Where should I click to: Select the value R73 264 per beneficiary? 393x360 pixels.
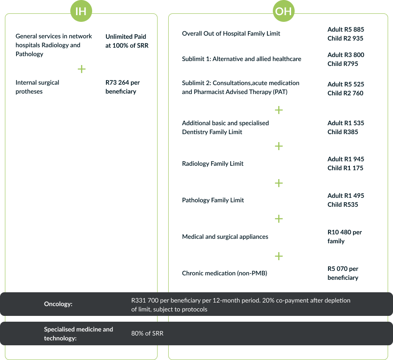pos(123,87)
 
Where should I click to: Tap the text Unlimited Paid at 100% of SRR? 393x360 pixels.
pos(127,41)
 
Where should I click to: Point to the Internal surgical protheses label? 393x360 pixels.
pos(37,87)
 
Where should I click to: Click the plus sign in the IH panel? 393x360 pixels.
pos(81,69)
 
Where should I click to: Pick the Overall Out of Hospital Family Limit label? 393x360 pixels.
pos(231,33)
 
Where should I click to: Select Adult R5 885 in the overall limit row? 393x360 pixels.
pos(345,29)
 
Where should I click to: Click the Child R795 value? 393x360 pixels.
pos(342,64)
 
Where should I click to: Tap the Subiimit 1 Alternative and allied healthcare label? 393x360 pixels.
pos(242,59)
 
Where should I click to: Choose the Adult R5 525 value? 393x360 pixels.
pos(345,84)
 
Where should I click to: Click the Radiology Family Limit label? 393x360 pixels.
pos(213,164)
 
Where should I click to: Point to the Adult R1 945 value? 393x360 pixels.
pos(345,159)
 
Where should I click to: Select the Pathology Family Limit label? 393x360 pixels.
pos(213,200)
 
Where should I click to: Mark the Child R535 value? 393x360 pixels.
pos(342,205)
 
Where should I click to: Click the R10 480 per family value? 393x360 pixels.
pos(344,237)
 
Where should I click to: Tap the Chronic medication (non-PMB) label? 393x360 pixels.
pos(224,273)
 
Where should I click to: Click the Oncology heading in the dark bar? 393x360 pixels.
pos(58,304)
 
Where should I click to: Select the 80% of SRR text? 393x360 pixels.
pos(147,333)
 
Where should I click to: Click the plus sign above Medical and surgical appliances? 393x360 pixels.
pos(279,219)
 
